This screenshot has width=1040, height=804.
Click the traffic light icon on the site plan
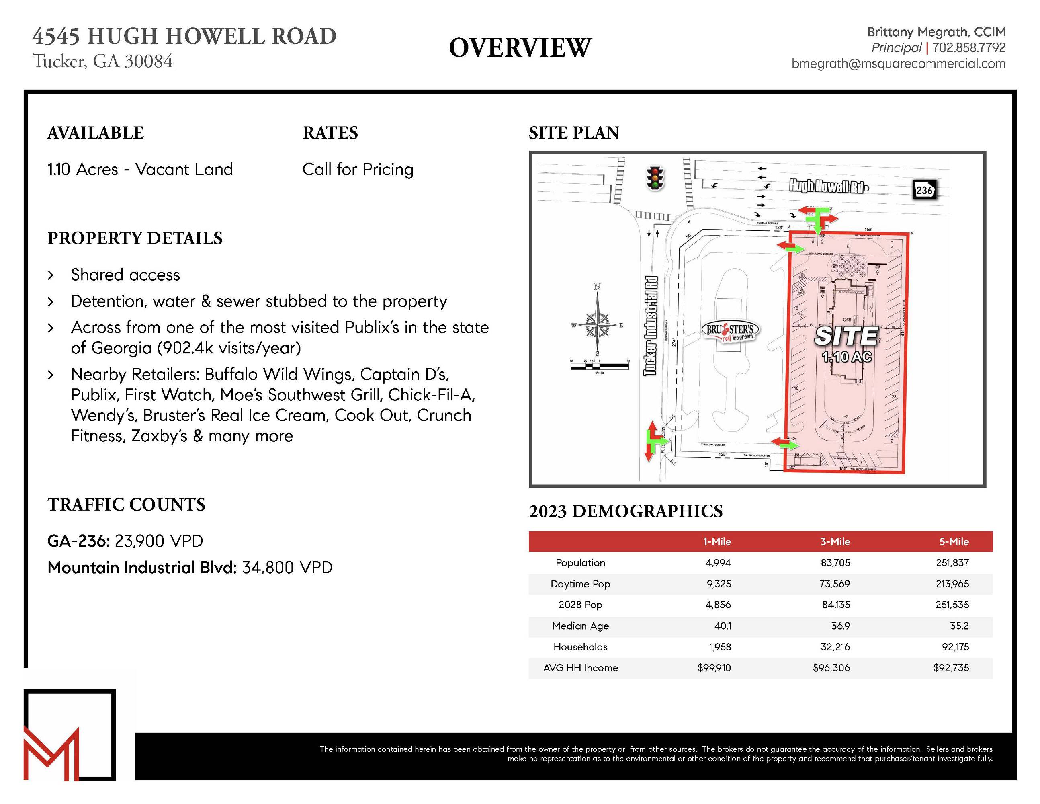tap(655, 179)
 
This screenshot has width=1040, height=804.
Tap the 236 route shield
tap(924, 190)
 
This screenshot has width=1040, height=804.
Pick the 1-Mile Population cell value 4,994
tap(718, 563)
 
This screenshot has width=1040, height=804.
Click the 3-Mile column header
tap(835, 541)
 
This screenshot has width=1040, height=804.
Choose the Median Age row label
tap(580, 626)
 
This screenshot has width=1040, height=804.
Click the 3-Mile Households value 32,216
tap(835, 647)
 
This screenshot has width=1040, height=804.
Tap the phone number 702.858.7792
tap(968, 47)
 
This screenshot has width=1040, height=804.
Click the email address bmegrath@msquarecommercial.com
tap(899, 64)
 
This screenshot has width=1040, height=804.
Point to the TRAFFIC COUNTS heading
tap(126, 505)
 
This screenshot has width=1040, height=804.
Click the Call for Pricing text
tap(358, 169)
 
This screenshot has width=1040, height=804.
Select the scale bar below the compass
tap(599, 366)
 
